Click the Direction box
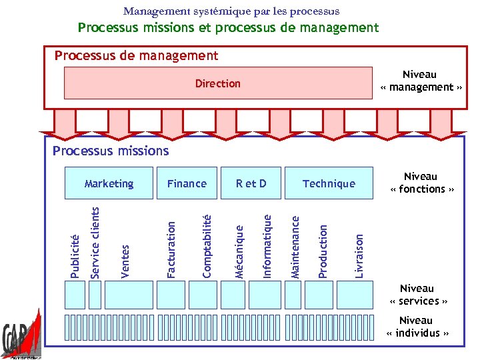coord(217,83)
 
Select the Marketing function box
coord(109,183)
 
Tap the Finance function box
coord(187,183)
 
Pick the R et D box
coord(251,183)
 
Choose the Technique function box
coord(329,183)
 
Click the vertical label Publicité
coord(75,255)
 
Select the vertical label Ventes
coord(125,261)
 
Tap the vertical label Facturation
coord(171,249)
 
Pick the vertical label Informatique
coord(267,245)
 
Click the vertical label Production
coord(323,251)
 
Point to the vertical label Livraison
coord(359,255)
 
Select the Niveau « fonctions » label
coord(421,183)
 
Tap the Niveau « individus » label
coord(417,327)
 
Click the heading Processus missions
coord(111,151)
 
